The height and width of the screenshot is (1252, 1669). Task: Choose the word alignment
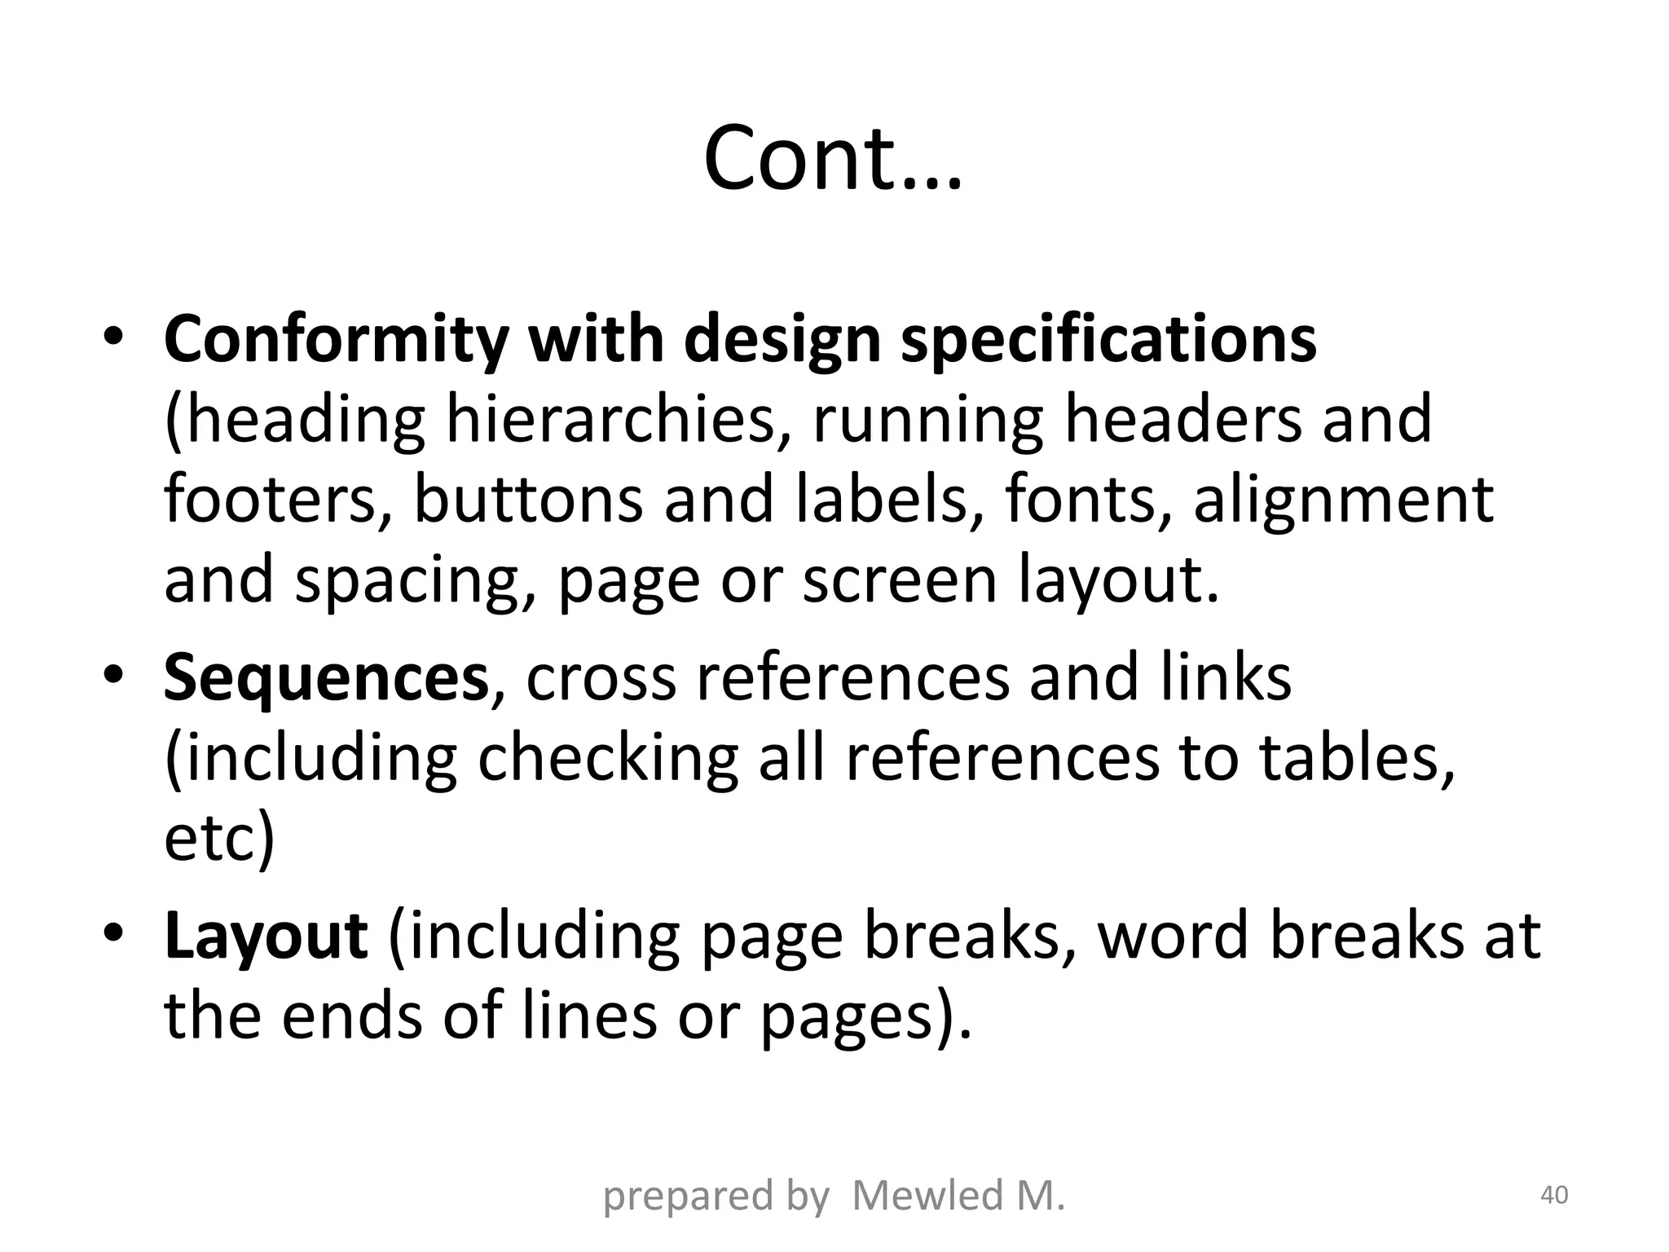pyautogui.click(x=1344, y=500)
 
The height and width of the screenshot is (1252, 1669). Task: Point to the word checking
pyautogui.click(x=607, y=759)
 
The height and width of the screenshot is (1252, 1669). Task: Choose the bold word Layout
pyautogui.click(x=266, y=937)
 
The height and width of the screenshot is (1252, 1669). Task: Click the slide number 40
pyautogui.click(x=1553, y=1196)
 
